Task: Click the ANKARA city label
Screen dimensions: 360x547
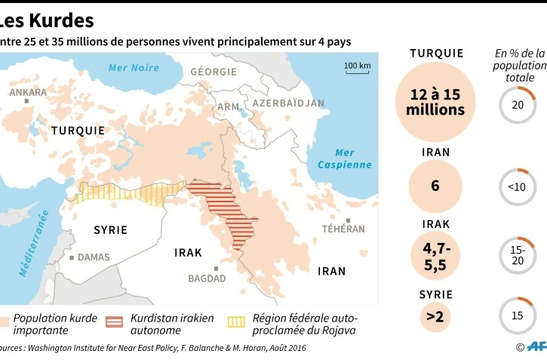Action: [x=28, y=92]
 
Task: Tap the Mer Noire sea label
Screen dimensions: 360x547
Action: [x=134, y=68]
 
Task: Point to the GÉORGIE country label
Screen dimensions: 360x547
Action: [x=214, y=72]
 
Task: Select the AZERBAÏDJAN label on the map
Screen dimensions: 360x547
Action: [x=288, y=103]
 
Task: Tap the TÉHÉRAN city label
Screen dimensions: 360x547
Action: [x=343, y=229]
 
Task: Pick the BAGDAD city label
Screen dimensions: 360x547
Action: [x=207, y=278]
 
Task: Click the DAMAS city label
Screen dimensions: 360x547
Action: [x=93, y=257]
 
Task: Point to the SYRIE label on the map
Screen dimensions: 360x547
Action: [x=110, y=229]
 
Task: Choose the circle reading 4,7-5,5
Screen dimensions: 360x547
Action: [x=435, y=255]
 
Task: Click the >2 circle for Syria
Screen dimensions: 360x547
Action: [x=435, y=317]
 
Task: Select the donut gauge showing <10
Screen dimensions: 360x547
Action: [x=518, y=186]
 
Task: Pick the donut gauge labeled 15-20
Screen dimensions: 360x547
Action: [x=518, y=255]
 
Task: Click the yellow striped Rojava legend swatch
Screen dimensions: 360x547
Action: [x=236, y=322]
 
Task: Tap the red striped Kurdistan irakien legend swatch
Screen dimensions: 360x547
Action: [x=115, y=322]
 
